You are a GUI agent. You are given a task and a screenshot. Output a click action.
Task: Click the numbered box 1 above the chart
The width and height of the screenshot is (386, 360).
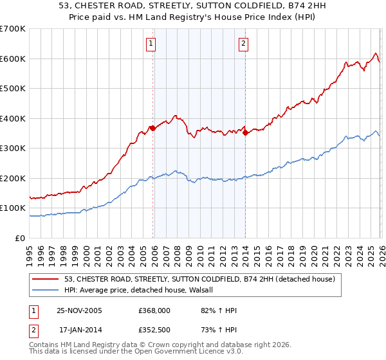151,44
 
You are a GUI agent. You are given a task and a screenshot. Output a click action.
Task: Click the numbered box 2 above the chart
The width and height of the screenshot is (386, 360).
244,44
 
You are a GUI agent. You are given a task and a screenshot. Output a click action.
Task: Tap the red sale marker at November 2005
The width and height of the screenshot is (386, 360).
152,129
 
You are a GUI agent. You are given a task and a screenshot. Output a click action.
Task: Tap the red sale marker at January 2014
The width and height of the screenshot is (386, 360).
246,133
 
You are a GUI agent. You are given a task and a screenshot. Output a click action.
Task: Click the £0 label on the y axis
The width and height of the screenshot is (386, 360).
20,238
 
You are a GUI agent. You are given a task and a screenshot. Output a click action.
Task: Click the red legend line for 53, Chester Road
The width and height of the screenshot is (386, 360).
46,280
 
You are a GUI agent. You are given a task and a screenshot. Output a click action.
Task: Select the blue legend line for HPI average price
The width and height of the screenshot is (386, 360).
46,291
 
